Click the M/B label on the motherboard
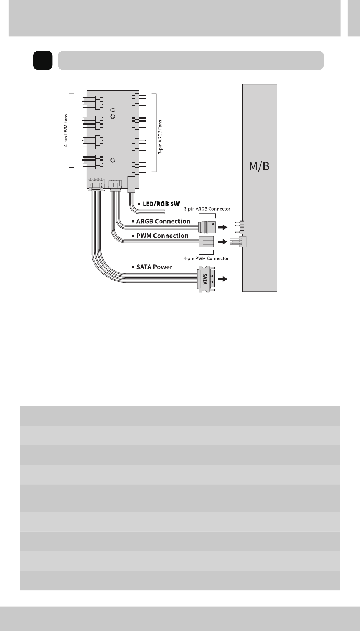pos(259,166)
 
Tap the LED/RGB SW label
pos(161,204)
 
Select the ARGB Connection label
pos(163,221)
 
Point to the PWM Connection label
pos(162,236)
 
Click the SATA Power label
pos(154,267)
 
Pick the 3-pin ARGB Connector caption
pos(207,209)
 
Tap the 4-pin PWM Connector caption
pos(206,258)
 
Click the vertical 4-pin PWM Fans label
pos(66,130)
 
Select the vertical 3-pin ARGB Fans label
pos(160,137)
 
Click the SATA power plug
pos(207,279)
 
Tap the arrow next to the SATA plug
pos(223,279)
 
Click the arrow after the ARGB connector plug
pos(223,227)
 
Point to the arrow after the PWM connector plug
pos(223,241)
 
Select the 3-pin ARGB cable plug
pos(207,227)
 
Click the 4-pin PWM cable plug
pos(206,242)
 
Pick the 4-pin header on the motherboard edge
pos(238,242)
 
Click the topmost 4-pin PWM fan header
pos(93,103)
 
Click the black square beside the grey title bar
pos(43,60)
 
